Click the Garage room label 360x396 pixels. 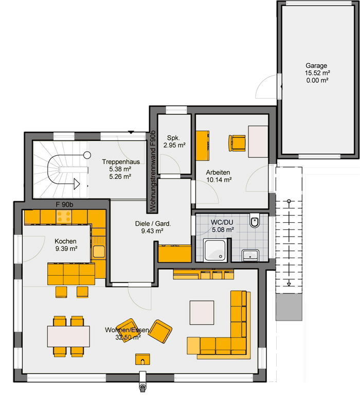(x=316, y=66)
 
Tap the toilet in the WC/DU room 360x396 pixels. (x=255, y=221)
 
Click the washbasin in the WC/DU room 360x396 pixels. (x=250, y=255)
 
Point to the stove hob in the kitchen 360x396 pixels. (x=64, y=217)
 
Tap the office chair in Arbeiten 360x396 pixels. (x=237, y=143)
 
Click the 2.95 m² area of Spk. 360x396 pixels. (x=174, y=145)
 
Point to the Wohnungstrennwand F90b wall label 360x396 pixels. (x=153, y=171)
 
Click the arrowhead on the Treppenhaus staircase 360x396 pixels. (x=77, y=184)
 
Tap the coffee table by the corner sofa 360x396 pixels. (x=202, y=312)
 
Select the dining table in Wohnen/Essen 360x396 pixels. (x=68, y=336)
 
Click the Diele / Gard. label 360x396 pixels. (x=153, y=224)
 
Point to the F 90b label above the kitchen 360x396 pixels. (x=64, y=204)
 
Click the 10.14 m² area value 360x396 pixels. (x=219, y=180)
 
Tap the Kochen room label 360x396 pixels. (x=65, y=241)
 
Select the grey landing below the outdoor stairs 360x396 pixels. (x=289, y=307)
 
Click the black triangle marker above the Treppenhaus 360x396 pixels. (x=131, y=132)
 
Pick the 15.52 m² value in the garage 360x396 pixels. (x=317, y=73)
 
